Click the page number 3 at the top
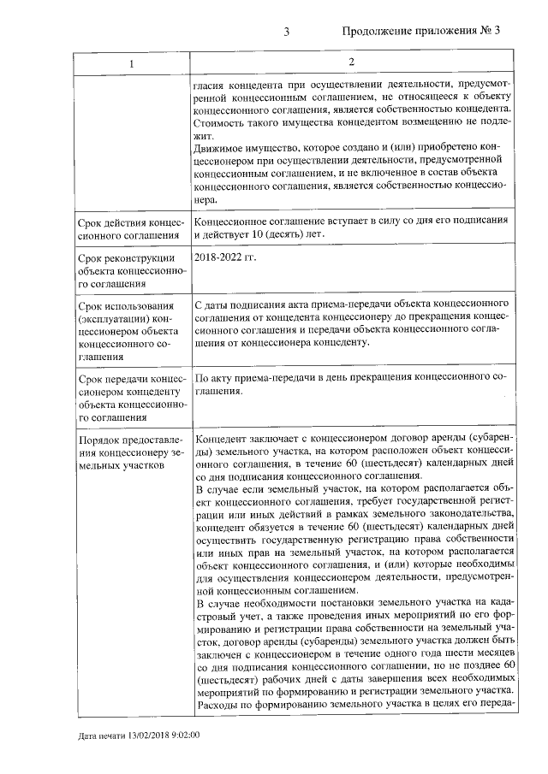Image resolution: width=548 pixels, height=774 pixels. pyautogui.click(x=287, y=32)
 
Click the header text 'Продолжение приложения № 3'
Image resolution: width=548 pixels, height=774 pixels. pyautogui.click(x=420, y=32)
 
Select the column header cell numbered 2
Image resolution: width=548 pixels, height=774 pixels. pyautogui.click(x=352, y=63)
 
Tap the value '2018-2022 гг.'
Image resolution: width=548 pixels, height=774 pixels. pyautogui.click(x=224, y=257)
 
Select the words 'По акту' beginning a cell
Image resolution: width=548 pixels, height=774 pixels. pyautogui.click(x=213, y=377)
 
